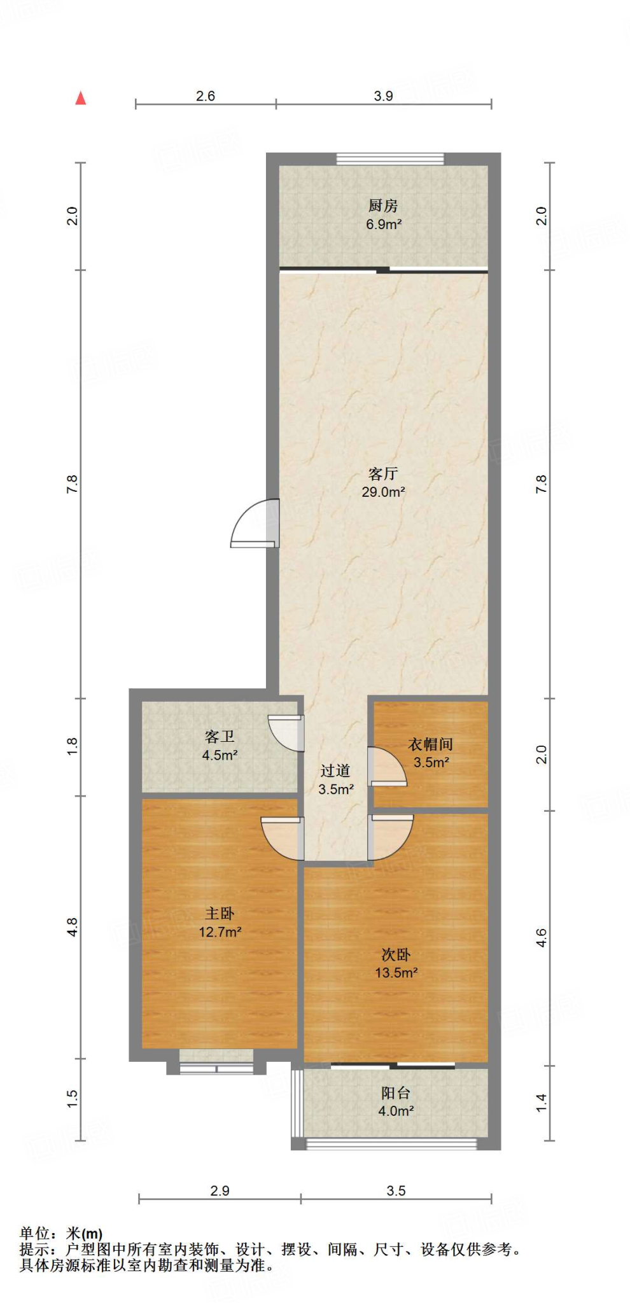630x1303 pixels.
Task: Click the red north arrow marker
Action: click(x=81, y=98)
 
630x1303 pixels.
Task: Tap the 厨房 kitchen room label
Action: click(x=383, y=206)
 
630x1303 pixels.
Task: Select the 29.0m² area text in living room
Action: click(x=383, y=492)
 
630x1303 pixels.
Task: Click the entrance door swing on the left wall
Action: click(x=255, y=524)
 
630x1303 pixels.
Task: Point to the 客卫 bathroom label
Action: click(x=220, y=737)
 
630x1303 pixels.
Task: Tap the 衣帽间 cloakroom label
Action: click(x=430, y=744)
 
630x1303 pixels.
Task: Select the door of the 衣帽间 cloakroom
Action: click(x=387, y=767)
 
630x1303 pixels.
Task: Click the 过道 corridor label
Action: click(x=335, y=771)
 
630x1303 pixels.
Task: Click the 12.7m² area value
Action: click(x=220, y=932)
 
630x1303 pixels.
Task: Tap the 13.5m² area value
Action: click(x=396, y=973)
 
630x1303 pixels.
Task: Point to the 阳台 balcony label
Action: click(x=396, y=1093)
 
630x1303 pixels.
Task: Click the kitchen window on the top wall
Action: click(x=390, y=158)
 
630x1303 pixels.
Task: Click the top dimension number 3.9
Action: click(x=383, y=96)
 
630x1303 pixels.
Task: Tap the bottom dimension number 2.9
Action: click(x=220, y=1191)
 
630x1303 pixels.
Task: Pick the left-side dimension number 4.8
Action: click(x=73, y=927)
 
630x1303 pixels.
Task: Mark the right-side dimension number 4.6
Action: click(x=541, y=938)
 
